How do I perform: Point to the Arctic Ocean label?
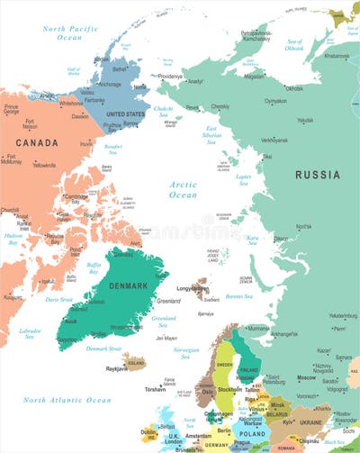(x=183, y=189)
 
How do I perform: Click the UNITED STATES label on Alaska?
(x=126, y=115)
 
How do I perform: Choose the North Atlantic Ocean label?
(x=67, y=399)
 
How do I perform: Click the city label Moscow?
(x=307, y=378)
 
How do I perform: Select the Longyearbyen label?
(x=193, y=290)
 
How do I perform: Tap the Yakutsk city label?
(x=305, y=120)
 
